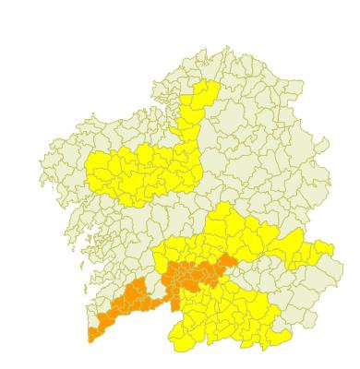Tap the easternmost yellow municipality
322,251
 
